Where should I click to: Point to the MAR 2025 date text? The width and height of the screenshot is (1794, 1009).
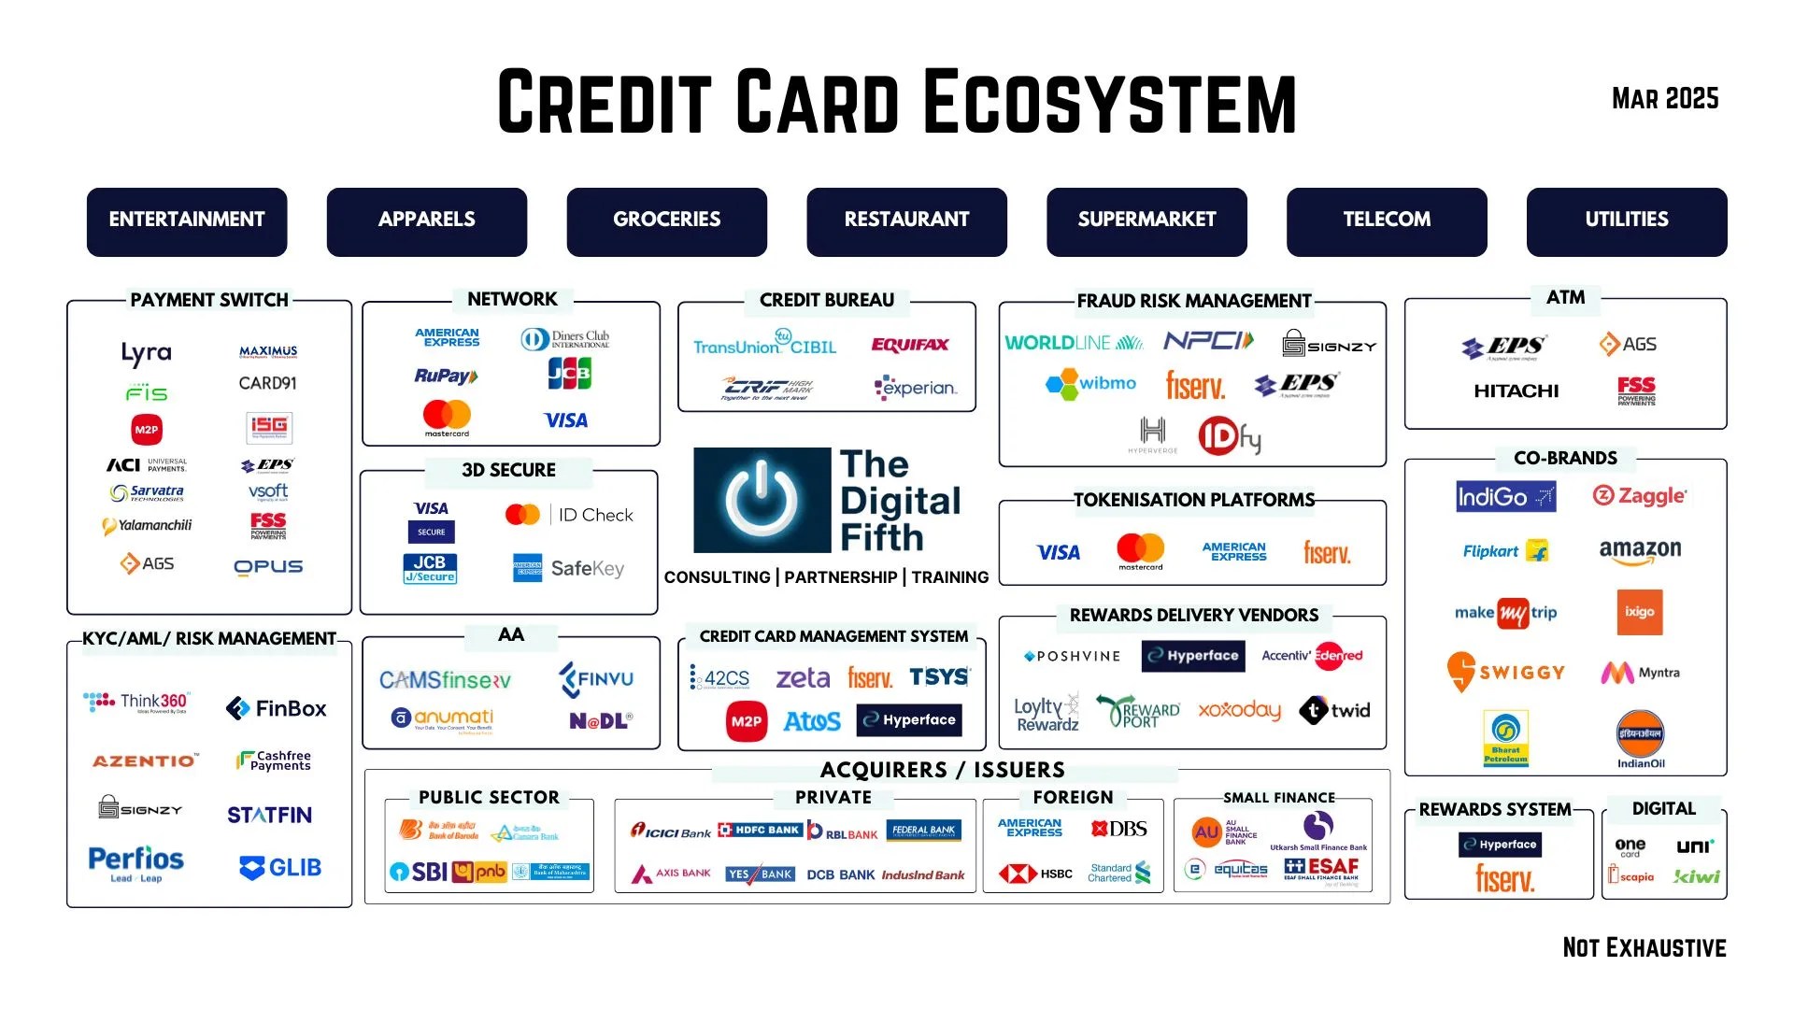click(x=1665, y=99)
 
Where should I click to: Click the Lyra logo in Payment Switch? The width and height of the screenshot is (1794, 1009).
click(x=146, y=353)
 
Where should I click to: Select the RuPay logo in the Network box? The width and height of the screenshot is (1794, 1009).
click(x=446, y=376)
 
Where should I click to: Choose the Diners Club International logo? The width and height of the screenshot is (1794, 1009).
click(x=565, y=338)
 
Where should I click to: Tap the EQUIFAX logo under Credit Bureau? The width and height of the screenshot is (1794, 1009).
click(x=909, y=345)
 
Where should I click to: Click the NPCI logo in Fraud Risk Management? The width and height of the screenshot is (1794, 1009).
click(x=1208, y=341)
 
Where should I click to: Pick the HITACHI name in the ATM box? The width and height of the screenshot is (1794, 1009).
click(x=1516, y=391)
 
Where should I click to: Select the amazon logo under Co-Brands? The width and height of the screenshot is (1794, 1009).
click(x=1640, y=551)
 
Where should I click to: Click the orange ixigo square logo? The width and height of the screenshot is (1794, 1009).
click(x=1639, y=612)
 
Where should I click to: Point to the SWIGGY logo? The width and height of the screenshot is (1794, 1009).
click(x=1505, y=672)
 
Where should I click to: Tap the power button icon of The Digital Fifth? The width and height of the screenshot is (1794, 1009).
click(x=762, y=500)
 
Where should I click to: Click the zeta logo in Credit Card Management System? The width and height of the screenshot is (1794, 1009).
click(x=803, y=677)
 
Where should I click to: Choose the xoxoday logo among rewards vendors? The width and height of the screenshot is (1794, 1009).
click(x=1239, y=710)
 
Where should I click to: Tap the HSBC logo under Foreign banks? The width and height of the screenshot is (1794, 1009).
click(x=1036, y=874)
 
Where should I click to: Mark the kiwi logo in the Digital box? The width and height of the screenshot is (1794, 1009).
click(x=1696, y=876)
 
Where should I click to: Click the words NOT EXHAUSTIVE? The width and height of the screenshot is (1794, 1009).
click(x=1644, y=947)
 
